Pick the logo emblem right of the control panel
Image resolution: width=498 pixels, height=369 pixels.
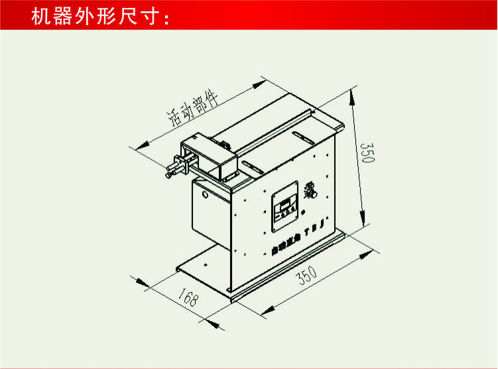click(x=311, y=195)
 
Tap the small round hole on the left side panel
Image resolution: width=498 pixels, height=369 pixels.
click(x=206, y=196)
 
